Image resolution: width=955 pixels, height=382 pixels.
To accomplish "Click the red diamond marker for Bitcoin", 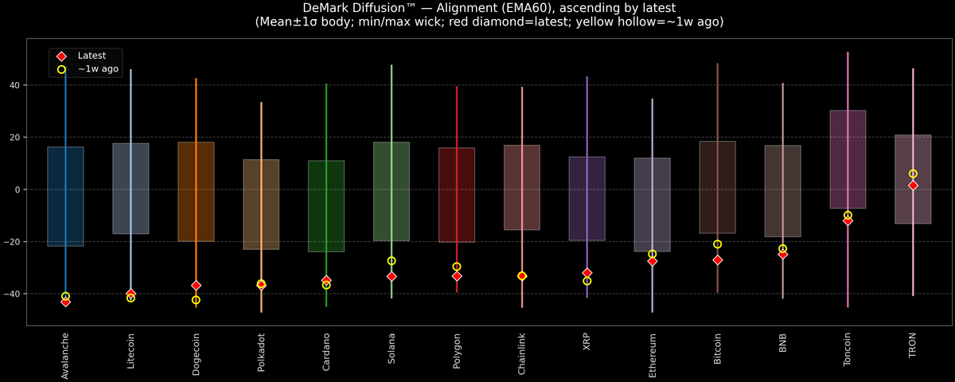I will (x=717, y=260).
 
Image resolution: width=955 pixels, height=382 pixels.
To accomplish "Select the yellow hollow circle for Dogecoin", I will (x=196, y=300).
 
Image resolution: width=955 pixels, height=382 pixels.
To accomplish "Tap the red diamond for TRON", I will (x=913, y=185).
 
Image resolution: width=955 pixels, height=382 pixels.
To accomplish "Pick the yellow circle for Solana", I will (x=392, y=261).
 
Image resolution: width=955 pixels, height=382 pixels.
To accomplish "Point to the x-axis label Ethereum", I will (x=653, y=355).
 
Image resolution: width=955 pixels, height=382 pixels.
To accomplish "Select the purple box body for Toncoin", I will (x=848, y=159).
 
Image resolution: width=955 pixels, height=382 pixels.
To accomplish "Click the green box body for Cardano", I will (x=326, y=206).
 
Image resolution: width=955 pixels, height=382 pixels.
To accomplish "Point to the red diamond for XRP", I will (x=587, y=273).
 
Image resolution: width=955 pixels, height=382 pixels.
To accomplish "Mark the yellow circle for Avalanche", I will (x=65, y=296).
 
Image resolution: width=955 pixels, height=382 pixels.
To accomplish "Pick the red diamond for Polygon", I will (x=457, y=276).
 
